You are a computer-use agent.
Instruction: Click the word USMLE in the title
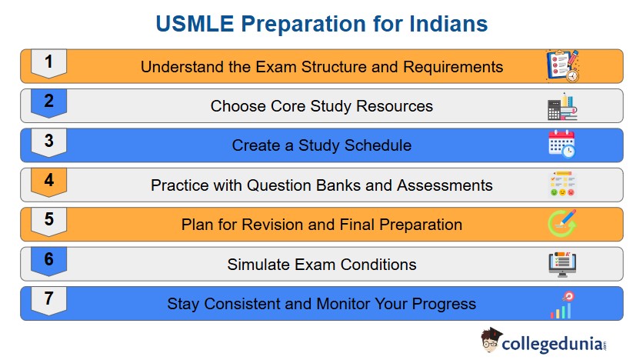195,23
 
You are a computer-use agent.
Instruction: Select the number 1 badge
48,64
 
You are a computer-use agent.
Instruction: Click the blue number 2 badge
48,103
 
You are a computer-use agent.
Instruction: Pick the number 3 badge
48,142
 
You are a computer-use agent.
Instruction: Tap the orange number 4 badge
48,182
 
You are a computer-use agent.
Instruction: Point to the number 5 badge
48,222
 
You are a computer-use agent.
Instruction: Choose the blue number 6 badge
48,262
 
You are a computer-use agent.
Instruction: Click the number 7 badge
48,301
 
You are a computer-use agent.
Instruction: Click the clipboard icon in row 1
563,65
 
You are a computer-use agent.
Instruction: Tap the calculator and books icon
562,106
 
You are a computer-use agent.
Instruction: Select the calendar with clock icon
561,144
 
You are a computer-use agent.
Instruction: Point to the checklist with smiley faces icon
562,184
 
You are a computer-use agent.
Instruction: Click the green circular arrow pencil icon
562,224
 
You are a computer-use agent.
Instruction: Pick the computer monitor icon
562,264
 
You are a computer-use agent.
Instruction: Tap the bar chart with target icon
563,305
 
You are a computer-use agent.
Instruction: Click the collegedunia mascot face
491,340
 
